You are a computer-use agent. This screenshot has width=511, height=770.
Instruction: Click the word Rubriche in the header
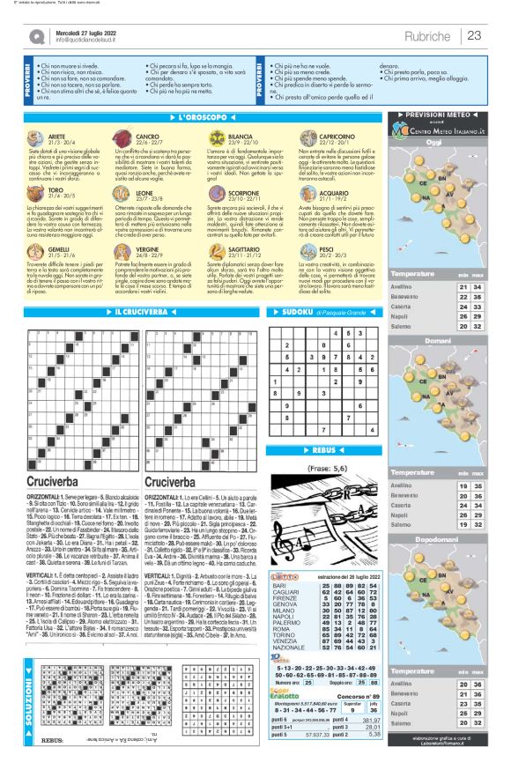tap(429, 35)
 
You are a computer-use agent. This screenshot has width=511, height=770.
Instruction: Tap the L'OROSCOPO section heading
tap(203, 117)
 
